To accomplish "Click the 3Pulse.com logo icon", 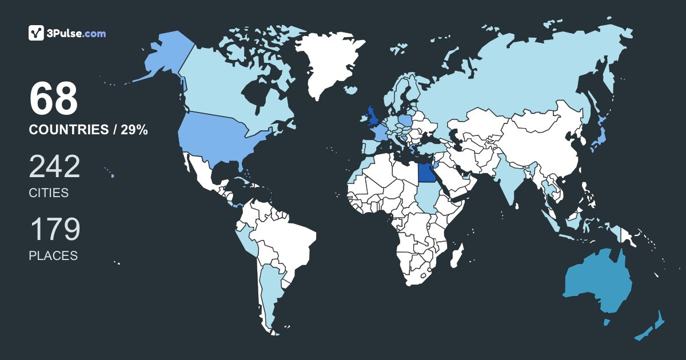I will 36,33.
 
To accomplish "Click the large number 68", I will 53,99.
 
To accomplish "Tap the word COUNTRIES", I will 67,130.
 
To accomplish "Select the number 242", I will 54,167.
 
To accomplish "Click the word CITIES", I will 49,193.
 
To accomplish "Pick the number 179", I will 54,230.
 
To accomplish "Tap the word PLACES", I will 53,256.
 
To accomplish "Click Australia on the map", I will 597,283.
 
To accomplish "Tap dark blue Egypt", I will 426,171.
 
